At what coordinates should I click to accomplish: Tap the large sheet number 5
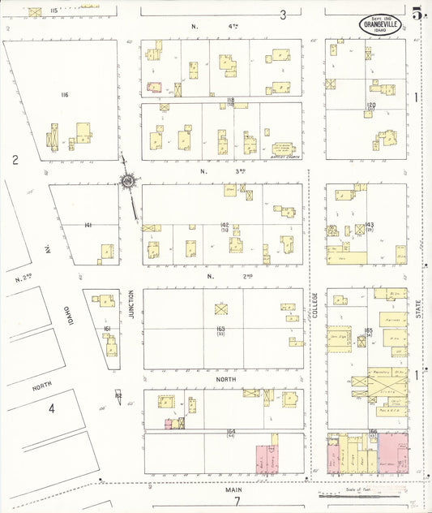click(x=417, y=13)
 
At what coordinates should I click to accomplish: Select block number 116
click(x=64, y=95)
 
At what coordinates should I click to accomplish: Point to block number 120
click(x=371, y=106)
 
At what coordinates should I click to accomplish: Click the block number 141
click(x=88, y=225)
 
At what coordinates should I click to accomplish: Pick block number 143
click(x=369, y=224)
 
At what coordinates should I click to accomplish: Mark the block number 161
click(x=107, y=329)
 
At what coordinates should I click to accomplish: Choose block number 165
click(x=368, y=330)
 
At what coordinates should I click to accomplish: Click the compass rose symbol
click(x=128, y=181)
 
